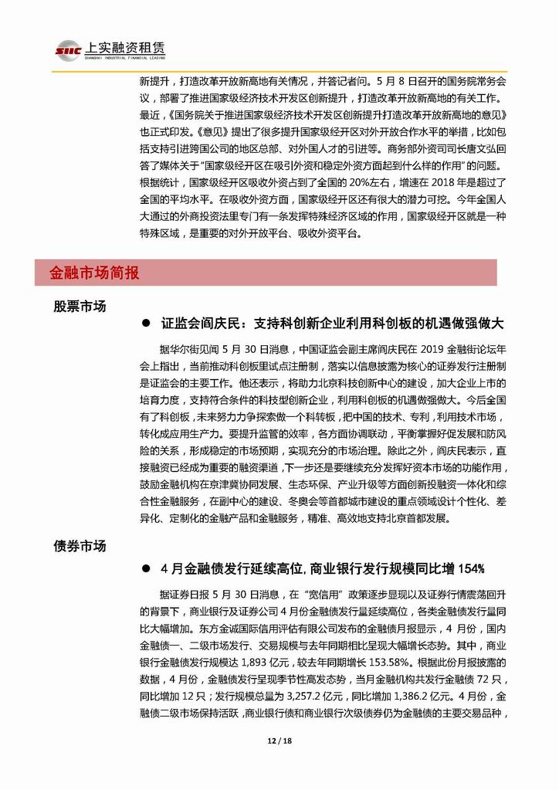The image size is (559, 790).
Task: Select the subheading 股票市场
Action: click(x=80, y=306)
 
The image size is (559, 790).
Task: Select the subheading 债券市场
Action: click(x=80, y=546)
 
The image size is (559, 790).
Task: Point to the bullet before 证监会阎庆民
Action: click(x=144, y=323)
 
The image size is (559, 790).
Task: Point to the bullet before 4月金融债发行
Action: click(x=144, y=569)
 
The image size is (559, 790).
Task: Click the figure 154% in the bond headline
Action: click(x=471, y=569)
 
